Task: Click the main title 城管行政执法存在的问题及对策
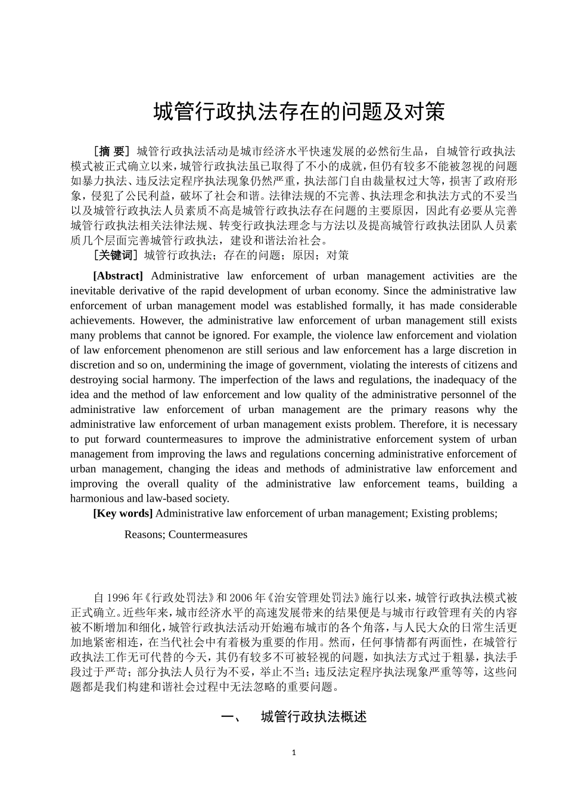[x=299, y=111]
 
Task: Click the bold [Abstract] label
[x=118, y=276]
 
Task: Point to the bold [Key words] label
[x=123, y=513]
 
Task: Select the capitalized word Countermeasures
[x=208, y=535]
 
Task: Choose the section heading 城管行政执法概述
[x=313, y=717]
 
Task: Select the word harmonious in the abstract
[x=97, y=499]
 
